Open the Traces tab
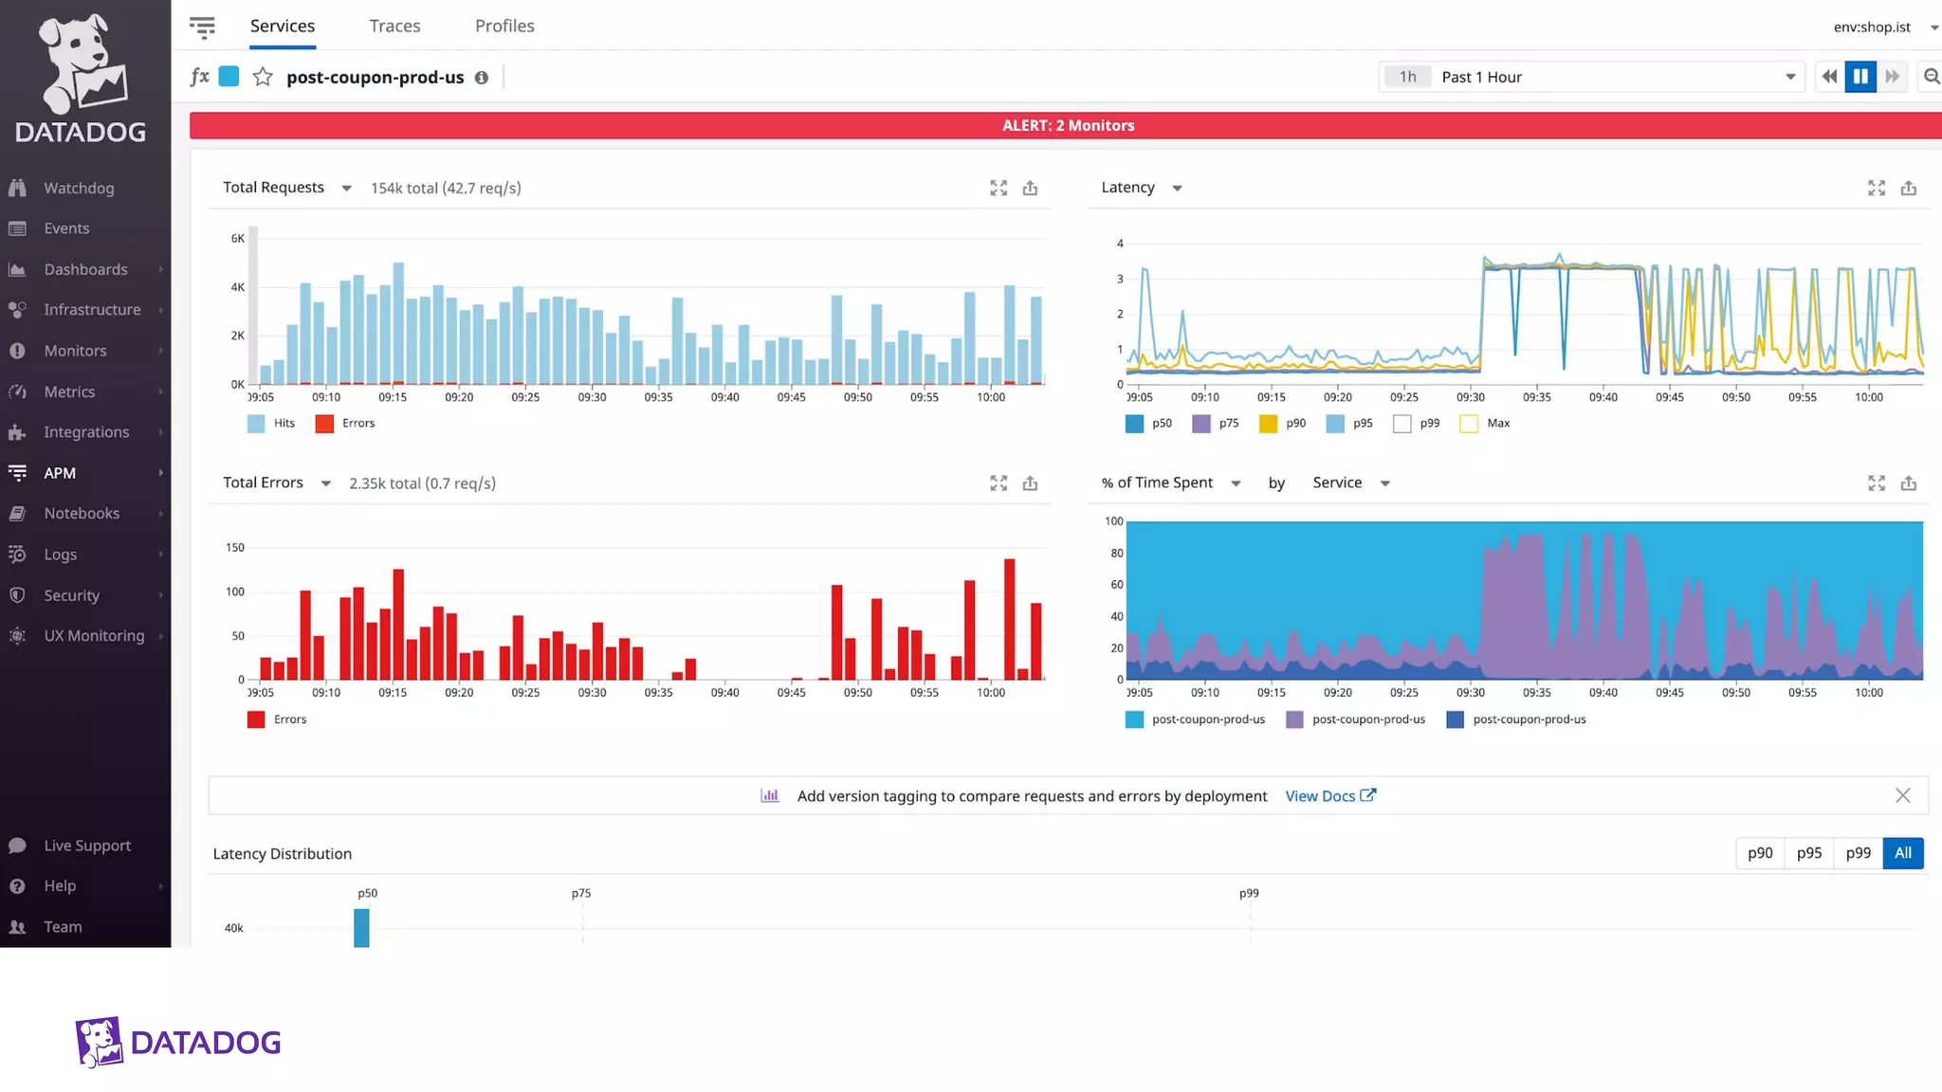[x=394, y=26]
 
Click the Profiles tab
[x=504, y=26]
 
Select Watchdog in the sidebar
[x=79, y=188]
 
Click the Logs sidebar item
[x=60, y=555]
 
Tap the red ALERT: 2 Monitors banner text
[x=1068, y=125]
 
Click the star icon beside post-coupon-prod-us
[x=263, y=77]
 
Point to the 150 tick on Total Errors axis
[x=234, y=548]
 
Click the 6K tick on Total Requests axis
[x=237, y=239]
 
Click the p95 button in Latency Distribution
[x=1808, y=853]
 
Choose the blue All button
[x=1902, y=853]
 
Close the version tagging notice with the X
[x=1902, y=796]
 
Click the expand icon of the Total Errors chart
[x=998, y=483]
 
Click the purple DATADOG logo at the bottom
[x=178, y=1043]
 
